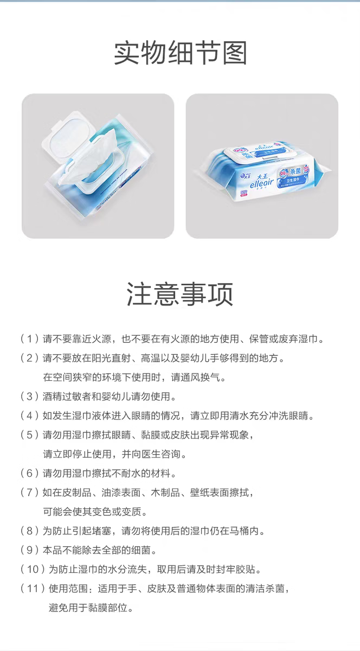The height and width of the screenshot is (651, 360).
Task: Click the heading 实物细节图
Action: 180,53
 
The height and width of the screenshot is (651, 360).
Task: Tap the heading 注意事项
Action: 180,294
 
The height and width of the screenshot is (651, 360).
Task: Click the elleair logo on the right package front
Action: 261,182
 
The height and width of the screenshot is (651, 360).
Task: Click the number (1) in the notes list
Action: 29,339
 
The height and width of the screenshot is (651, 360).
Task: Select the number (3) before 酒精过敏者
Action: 29,397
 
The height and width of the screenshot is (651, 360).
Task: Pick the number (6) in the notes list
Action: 29,473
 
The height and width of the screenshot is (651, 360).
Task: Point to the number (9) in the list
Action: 29,550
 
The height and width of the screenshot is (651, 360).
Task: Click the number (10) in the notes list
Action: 33,569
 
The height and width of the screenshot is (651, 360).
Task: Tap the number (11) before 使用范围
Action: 33,589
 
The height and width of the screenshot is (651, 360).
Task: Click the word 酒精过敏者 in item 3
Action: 67,397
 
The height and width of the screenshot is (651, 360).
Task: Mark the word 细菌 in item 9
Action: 141,550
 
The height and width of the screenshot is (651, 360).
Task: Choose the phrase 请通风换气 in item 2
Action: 195,377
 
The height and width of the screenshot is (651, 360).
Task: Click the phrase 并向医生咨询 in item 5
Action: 151,454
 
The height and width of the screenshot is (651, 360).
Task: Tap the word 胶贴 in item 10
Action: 246,569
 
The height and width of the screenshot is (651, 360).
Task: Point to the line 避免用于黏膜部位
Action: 88,608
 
